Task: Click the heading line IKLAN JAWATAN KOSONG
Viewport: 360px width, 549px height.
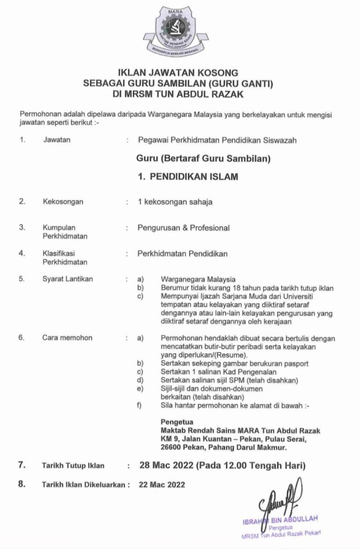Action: [x=180, y=72]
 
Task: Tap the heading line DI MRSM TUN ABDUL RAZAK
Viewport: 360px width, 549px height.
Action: [x=180, y=94]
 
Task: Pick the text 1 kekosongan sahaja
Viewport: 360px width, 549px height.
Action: [x=175, y=202]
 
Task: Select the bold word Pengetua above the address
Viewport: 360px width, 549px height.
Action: [x=176, y=421]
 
